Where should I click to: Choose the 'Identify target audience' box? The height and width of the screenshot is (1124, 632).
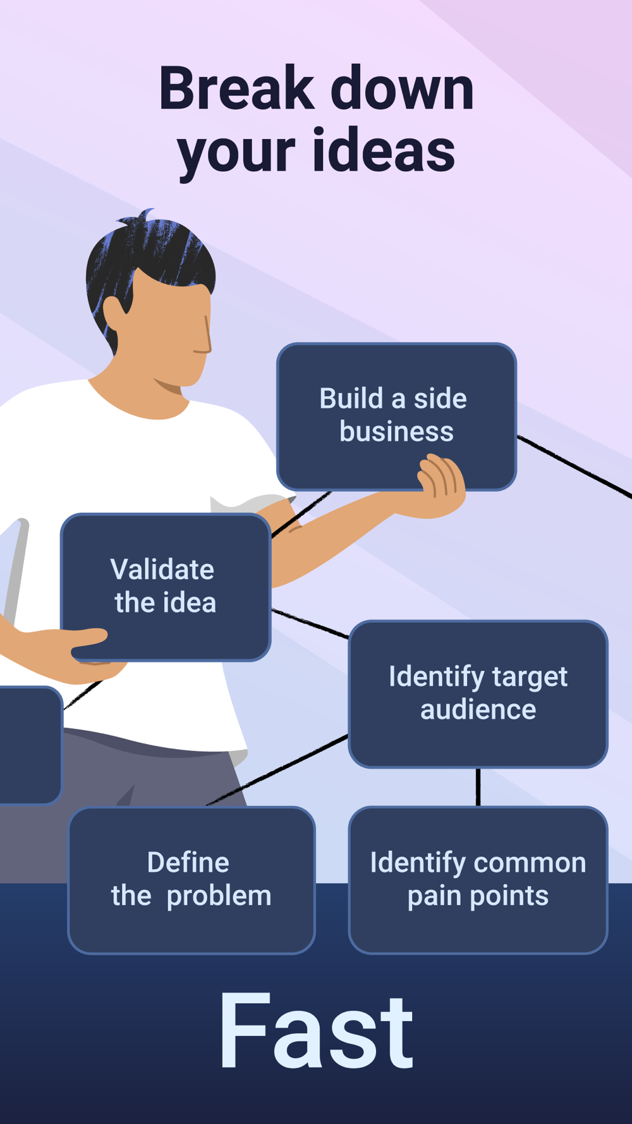pyautogui.click(x=478, y=693)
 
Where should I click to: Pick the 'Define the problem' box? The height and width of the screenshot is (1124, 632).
pyautogui.click(x=191, y=879)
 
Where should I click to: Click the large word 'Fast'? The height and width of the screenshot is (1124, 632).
pyautogui.click(x=316, y=1032)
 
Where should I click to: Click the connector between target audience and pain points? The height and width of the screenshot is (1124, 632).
pyautogui.click(x=478, y=787)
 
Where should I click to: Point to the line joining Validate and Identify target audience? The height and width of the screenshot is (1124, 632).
pyautogui.click(x=310, y=623)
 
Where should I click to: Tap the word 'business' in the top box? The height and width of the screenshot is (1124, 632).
pyautogui.click(x=396, y=432)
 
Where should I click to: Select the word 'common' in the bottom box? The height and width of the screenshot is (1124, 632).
pyautogui.click(x=530, y=863)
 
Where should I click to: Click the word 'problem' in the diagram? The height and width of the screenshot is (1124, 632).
pyautogui.click(x=219, y=896)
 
